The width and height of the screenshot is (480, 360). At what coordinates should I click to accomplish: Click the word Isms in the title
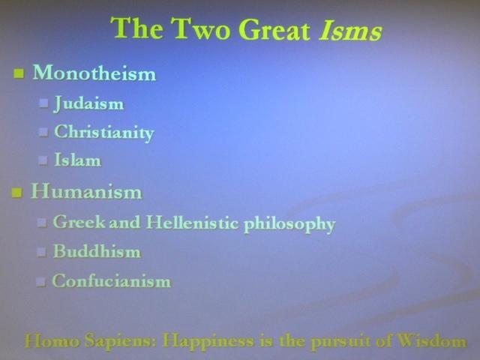coord(350,30)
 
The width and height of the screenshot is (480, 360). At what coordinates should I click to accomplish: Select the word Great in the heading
coord(274,29)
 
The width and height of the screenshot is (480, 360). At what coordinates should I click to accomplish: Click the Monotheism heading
coord(94,73)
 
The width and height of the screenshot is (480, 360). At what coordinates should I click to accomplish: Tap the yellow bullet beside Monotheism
coord(19,73)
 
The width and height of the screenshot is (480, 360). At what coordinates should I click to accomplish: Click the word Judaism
coord(89,103)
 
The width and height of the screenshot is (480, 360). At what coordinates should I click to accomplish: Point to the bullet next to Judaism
coord(43,103)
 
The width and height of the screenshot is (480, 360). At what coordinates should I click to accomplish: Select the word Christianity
coord(104,133)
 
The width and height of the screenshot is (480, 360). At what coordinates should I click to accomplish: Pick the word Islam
coord(78,160)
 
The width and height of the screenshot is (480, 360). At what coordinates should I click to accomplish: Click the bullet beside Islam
coord(43,160)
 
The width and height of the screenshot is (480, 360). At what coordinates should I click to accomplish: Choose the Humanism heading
coord(86,191)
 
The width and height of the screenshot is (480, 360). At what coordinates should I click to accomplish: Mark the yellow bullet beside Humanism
coord(16,193)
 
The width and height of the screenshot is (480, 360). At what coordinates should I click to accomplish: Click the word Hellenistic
coord(192,222)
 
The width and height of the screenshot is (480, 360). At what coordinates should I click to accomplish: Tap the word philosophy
coord(289,224)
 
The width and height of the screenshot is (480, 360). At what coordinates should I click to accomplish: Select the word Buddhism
coord(97,251)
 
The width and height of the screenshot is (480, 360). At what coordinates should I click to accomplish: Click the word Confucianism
coord(112,280)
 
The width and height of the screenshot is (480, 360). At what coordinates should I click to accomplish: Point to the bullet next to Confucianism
coord(40,282)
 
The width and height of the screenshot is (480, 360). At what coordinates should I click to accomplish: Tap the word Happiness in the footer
coord(208,341)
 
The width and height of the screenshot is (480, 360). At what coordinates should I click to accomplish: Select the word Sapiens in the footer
coord(121,341)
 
